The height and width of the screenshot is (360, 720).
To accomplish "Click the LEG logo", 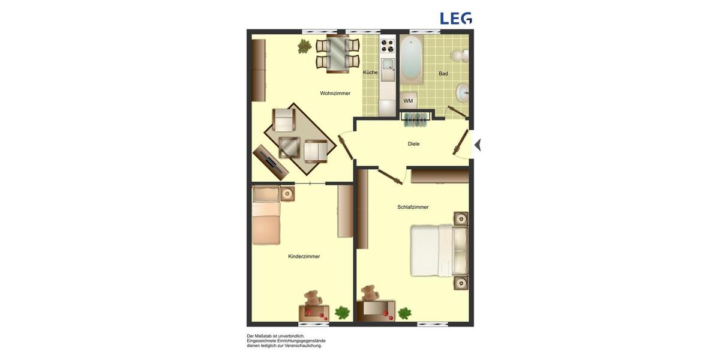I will point(456,18).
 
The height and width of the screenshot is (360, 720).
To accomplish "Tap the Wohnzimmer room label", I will point(335,94).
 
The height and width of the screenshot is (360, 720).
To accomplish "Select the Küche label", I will point(370,73).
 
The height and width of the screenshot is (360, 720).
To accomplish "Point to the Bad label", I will point(443,74).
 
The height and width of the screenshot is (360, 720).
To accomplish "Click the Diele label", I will point(413,144).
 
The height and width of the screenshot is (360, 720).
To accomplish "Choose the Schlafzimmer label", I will point(413,207).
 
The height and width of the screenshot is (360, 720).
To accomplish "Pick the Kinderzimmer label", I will point(304,256).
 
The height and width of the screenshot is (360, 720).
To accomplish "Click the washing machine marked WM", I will point(409,101).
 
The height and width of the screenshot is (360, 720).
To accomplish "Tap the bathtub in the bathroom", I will point(411,58).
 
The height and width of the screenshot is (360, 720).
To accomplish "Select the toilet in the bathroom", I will point(460,56).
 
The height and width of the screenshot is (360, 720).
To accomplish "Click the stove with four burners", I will point(388,46).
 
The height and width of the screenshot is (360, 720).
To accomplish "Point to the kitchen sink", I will point(388,64).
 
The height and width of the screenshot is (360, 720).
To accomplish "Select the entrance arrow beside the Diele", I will point(478,145).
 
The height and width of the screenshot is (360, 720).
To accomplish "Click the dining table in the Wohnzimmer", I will point(337,54).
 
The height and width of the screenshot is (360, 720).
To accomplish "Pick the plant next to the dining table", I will point(305,46).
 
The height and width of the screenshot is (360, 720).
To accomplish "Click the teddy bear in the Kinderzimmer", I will point(312,298).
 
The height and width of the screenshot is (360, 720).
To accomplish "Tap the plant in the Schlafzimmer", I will point(405,313).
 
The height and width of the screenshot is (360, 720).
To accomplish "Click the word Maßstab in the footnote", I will point(263,336).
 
